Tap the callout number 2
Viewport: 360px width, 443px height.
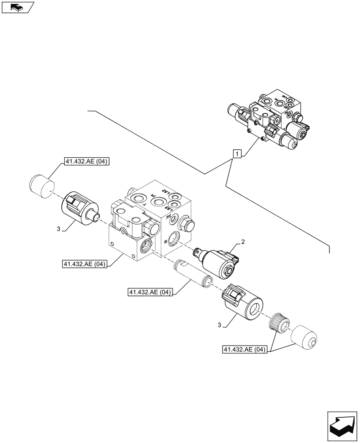[x=243, y=241]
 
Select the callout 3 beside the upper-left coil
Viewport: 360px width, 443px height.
[x=59, y=229]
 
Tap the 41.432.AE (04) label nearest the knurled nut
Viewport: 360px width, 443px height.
[x=246, y=350]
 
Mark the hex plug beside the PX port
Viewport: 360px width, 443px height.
[x=186, y=226]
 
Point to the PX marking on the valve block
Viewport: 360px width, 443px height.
[x=169, y=218]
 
